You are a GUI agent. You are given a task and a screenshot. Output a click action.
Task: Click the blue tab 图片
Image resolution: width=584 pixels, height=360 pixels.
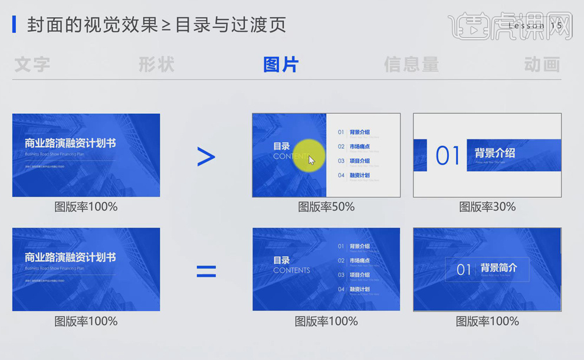[281, 64]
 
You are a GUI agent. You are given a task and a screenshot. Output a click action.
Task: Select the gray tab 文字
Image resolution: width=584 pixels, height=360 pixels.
[32, 64]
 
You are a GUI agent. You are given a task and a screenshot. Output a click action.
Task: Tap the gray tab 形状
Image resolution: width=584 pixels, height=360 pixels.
[156, 64]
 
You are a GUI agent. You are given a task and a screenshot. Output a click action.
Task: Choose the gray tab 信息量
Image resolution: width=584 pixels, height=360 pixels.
[411, 64]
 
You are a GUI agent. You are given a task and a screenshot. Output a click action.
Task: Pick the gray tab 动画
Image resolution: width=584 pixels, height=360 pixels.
[542, 64]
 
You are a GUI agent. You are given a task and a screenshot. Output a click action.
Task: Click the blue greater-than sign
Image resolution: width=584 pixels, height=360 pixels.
[206, 156]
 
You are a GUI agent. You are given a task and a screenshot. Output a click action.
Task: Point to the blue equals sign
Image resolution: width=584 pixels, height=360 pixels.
[206, 271]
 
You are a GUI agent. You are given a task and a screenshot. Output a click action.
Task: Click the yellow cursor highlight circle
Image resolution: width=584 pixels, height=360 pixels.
[309, 155]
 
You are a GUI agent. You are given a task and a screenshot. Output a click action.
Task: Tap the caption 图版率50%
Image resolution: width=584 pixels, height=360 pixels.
[326, 207]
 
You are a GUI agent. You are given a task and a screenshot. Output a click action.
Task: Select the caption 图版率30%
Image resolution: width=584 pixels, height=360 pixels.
[487, 207]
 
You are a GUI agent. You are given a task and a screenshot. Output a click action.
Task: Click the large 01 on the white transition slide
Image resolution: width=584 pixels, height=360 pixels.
[448, 156]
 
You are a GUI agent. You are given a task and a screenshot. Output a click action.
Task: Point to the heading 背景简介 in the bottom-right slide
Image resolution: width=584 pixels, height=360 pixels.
[498, 268]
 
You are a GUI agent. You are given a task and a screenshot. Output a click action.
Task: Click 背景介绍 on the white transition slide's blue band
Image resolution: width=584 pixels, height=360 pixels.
[494, 153]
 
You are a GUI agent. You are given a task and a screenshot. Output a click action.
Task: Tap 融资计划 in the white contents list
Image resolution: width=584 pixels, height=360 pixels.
[359, 175]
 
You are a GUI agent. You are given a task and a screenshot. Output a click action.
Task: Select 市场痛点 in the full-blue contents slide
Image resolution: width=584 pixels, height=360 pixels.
[359, 260]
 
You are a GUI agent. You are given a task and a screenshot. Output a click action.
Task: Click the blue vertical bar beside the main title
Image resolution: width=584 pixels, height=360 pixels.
[14, 25]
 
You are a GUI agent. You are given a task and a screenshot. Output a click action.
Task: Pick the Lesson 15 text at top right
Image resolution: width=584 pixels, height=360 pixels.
[535, 26]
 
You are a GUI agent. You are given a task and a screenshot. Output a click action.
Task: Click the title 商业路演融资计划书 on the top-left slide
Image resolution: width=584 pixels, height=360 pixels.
[70, 143]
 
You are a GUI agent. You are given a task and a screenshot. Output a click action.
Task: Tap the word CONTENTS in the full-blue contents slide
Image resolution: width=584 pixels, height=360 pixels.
[291, 270]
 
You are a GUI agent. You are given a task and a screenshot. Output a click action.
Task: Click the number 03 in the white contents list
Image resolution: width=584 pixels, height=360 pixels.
[341, 161]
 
